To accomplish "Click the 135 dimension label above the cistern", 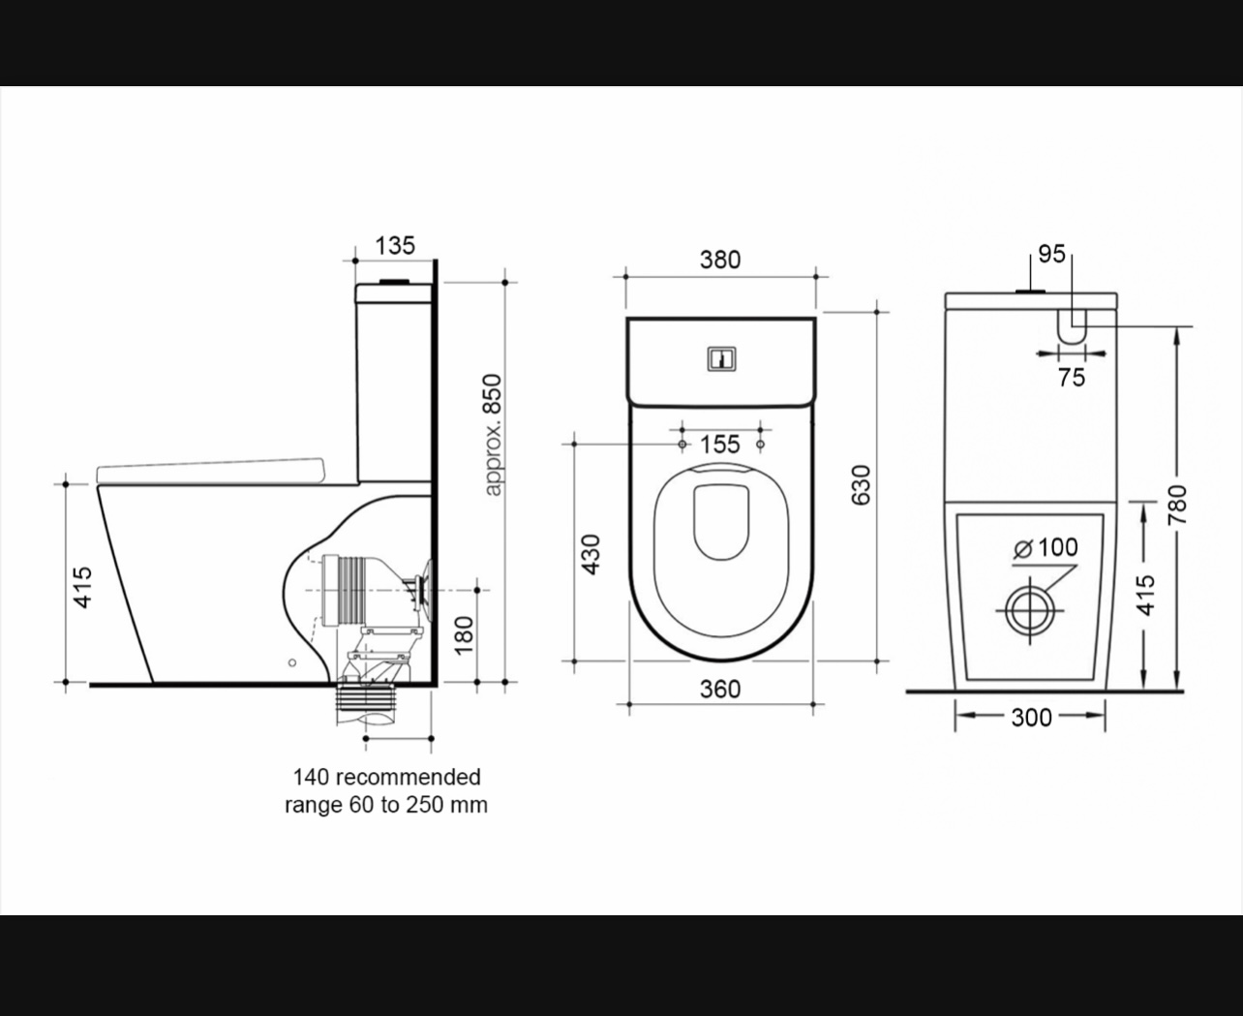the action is [x=395, y=245].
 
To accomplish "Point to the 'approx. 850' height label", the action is [x=492, y=435].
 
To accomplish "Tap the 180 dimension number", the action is [x=465, y=635].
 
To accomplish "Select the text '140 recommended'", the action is [x=386, y=777].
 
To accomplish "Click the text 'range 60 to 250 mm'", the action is [x=386, y=805].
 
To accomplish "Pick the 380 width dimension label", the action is [x=720, y=260].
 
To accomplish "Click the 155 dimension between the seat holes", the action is [x=719, y=445].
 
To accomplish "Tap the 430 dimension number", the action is [x=591, y=554].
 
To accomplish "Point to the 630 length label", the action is [x=861, y=485].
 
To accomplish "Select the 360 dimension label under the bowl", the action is [x=720, y=689].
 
